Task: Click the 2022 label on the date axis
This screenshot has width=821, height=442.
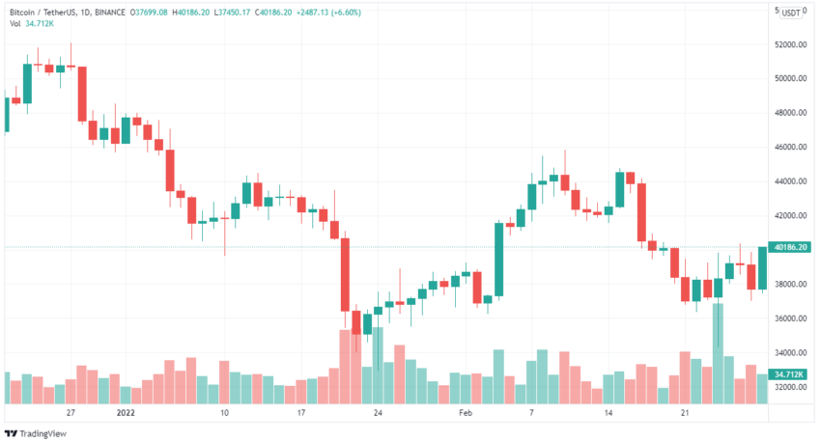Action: [x=126, y=412]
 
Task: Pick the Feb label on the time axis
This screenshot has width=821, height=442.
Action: [x=465, y=412]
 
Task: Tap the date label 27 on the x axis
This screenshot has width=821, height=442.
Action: [x=71, y=412]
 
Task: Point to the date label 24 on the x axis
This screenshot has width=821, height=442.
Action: [x=379, y=412]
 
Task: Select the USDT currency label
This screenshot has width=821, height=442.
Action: [x=791, y=13]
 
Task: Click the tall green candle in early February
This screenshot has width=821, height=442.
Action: [x=499, y=259]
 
